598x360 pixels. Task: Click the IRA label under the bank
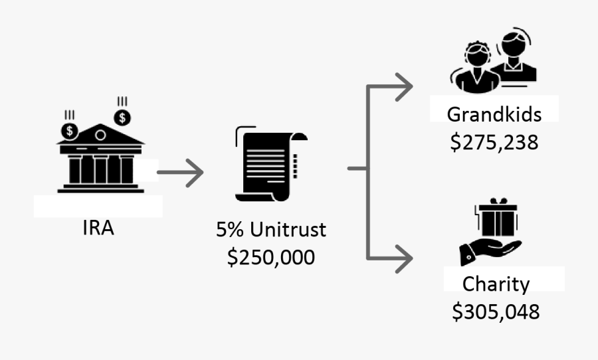coord(98,228)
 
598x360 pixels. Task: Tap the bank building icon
coord(101,158)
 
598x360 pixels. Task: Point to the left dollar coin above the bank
coord(70,132)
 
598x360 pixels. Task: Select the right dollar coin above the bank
coord(122,118)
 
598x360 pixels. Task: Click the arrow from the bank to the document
coord(180,173)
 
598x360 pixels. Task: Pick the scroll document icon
coord(271,163)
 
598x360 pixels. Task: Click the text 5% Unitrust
coord(271,230)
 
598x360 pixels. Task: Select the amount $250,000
coord(271,257)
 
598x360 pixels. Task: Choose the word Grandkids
coord(494,114)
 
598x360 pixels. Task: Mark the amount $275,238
coord(494,142)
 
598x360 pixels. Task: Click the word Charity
coord(496,284)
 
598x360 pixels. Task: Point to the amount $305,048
coord(496,312)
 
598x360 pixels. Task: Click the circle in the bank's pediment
coord(100,135)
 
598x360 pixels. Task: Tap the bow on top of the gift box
coord(498,201)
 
